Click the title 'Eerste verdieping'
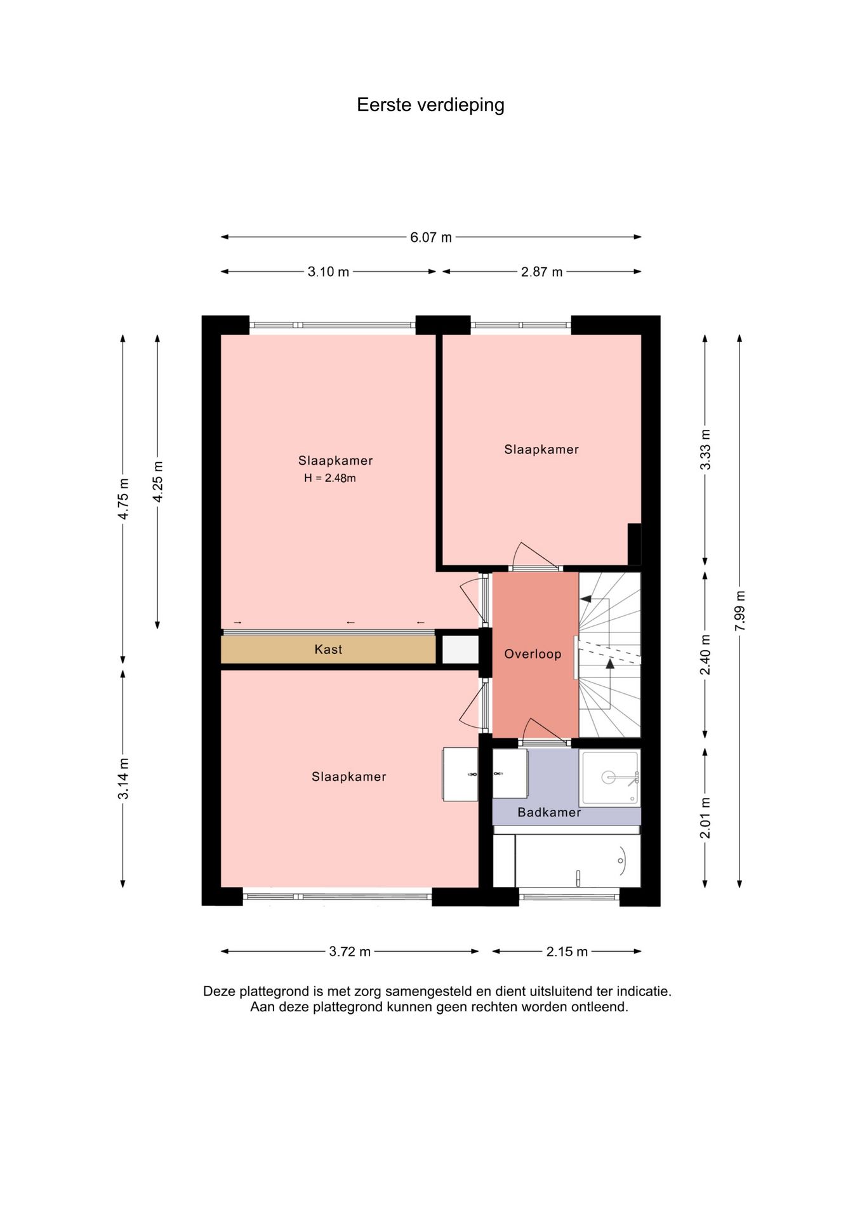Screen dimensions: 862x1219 (430, 105)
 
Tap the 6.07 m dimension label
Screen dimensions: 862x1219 (431, 237)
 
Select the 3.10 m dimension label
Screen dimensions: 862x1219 (328, 272)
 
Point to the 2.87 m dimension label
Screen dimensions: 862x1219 (541, 272)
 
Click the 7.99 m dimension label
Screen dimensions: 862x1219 (739, 611)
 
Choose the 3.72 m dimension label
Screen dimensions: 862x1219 (350, 951)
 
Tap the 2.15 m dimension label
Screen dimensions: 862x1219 (567, 951)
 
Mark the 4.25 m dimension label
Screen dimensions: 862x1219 (158, 481)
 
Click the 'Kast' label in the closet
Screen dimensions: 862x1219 (328, 649)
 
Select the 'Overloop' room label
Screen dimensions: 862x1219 (533, 654)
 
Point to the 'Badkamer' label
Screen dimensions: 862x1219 (549, 812)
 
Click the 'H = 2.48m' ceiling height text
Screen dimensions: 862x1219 (329, 478)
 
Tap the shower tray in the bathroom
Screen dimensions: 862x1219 (610, 778)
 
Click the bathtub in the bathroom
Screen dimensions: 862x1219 (577, 861)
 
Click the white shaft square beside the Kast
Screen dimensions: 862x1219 (460, 649)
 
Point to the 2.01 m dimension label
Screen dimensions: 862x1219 (705, 818)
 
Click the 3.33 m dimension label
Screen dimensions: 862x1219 (705, 450)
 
